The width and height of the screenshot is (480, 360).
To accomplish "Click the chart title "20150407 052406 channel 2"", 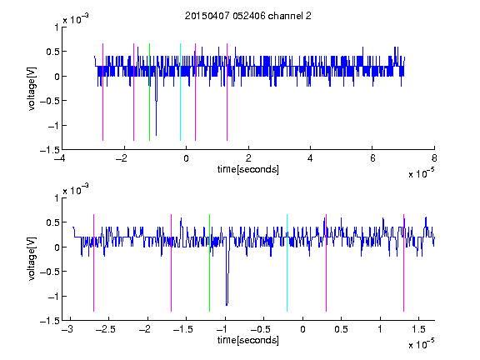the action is (x=248, y=16).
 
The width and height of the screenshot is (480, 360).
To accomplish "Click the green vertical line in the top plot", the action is (x=149, y=92).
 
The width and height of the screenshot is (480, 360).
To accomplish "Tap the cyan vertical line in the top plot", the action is (x=180, y=92).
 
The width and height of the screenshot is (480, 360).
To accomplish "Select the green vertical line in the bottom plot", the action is (x=209, y=262).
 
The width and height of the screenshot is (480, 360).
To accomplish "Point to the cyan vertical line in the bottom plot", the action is (x=287, y=262).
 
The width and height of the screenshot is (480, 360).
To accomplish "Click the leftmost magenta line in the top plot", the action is (x=102, y=92).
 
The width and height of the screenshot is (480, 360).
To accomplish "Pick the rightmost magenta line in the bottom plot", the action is (x=403, y=262).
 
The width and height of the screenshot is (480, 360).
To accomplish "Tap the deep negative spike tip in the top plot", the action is (x=156, y=135).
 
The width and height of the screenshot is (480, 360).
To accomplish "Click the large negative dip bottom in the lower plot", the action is (x=227, y=305).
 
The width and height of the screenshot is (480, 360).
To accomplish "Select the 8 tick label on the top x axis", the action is (x=434, y=158).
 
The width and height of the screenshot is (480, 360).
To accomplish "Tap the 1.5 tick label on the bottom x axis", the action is (x=418, y=329).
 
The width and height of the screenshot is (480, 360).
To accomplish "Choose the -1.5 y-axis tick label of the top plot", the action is (x=50, y=150).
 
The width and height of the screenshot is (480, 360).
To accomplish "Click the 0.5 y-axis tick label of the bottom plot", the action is (x=52, y=222).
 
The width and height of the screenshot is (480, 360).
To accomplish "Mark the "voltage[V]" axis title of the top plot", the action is (x=32, y=89).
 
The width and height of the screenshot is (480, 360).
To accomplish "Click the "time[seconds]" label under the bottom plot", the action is (x=248, y=340).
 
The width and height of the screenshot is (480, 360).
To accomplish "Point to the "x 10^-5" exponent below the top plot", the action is (x=421, y=173).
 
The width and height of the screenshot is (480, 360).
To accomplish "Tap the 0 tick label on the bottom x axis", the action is (x=302, y=329).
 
